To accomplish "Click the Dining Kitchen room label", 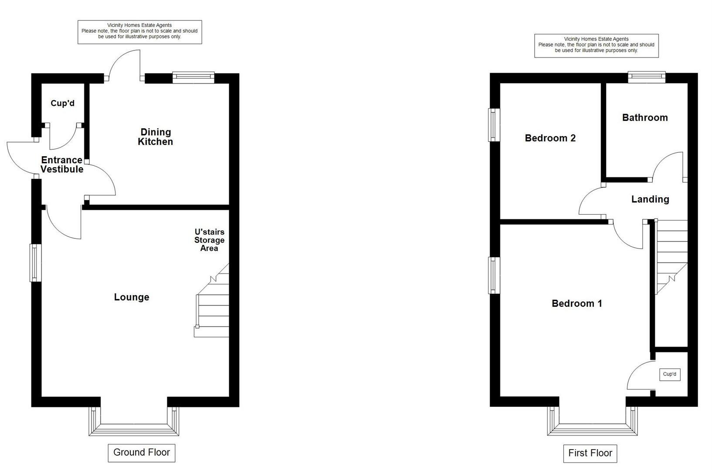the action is pos(156,137).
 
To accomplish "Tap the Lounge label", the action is pos(132,297).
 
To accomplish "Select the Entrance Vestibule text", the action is pos(62,164).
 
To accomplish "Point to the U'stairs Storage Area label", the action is pos(210,240).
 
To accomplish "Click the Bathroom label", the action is pos(645,118).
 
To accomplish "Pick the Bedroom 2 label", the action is pos(550,138).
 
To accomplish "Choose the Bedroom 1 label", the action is pos(577,303).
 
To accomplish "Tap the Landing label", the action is pos(650,199).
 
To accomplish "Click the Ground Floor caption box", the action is pos(142,453).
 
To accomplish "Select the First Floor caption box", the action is pos(590,453).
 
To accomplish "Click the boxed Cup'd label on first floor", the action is pos(670,374).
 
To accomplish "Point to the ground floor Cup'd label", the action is pos(63,104).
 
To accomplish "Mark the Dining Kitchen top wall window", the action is pos(193,78).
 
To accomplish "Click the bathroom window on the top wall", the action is pos(647,78).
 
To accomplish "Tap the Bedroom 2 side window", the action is pos(494,125).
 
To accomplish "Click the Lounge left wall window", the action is pos(36,263).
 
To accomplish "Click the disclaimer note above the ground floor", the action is pos(140,32).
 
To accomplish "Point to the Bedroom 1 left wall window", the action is pos(494,275).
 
